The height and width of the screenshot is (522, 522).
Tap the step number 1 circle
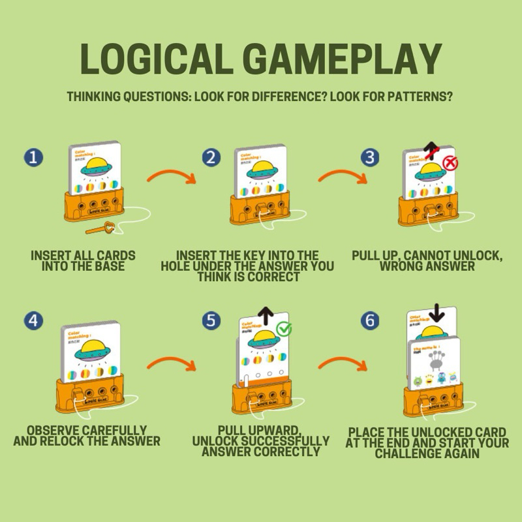pos(33,158)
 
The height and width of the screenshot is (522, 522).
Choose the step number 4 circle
pos(33,320)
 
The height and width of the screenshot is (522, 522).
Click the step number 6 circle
pos(370,320)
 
